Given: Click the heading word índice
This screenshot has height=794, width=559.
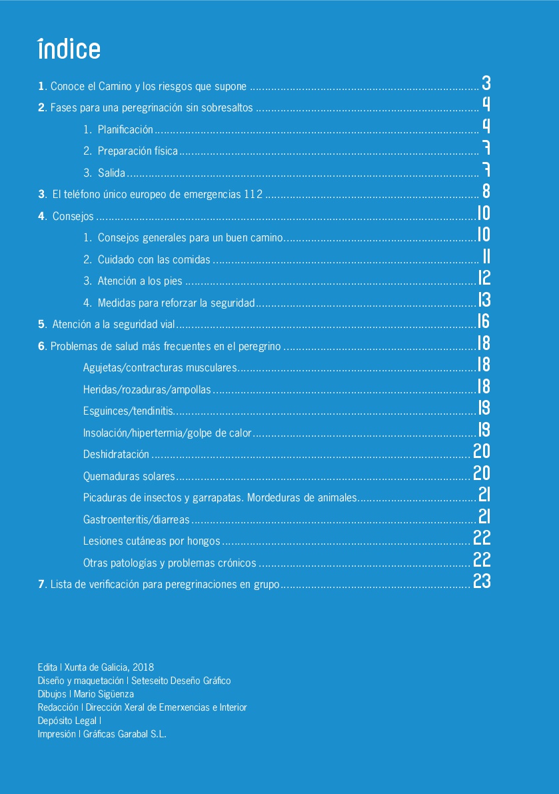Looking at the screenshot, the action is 69,49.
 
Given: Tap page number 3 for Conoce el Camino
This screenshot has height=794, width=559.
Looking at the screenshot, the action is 486,83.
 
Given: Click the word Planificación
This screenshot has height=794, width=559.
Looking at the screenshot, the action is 125,129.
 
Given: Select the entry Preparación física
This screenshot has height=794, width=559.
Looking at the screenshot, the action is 138,151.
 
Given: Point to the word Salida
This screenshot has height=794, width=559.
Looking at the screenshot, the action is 111,173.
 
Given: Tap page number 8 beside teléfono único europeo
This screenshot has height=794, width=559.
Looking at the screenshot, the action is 486,191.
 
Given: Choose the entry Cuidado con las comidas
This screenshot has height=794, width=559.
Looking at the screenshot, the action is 154,259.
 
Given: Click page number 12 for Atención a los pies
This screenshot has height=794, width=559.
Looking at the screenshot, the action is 484,277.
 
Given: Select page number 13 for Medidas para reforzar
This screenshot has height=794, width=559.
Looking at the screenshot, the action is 484,299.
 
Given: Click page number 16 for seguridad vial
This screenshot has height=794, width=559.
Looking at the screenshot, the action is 484,321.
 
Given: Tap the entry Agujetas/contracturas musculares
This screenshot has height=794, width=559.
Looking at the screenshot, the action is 160,367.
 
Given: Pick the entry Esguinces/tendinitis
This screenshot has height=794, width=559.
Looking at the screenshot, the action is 129,411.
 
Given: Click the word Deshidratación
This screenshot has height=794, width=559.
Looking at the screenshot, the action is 117,454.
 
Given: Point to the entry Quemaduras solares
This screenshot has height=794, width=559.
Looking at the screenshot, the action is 129,476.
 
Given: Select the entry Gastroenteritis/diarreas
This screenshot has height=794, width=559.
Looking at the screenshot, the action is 137,519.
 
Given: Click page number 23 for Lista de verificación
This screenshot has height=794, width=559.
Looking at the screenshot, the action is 482,581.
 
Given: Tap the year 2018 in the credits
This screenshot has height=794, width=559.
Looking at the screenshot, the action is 143,667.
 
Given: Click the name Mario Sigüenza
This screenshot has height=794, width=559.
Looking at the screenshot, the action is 104,694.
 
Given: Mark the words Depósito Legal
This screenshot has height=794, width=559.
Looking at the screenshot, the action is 67,721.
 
